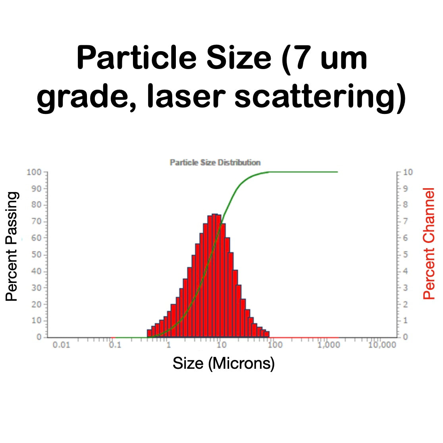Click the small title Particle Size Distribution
pyautogui.click(x=215, y=162)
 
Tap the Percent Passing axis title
pyautogui.click(x=12, y=247)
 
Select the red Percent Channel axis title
pyautogui.click(x=429, y=244)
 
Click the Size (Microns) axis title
pyautogui.click(x=223, y=363)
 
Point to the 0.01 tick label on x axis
pyautogui.click(x=61, y=345)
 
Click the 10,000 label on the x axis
pyautogui.click(x=382, y=345)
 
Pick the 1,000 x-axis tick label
pyautogui.click(x=329, y=345)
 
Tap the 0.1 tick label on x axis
pyautogui.click(x=115, y=345)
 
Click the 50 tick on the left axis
pyautogui.click(x=36, y=254)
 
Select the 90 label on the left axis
pyautogui.click(x=36, y=189)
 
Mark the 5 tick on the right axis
pyautogui.click(x=405, y=254)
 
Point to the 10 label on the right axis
pyautogui.click(x=408, y=172)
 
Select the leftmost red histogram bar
pyautogui.click(x=149, y=333)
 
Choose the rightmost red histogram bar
pyautogui.click(x=267, y=334)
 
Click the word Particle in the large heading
pyautogui.click(x=137, y=58)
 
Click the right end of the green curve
pyautogui.click(x=337, y=172)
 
